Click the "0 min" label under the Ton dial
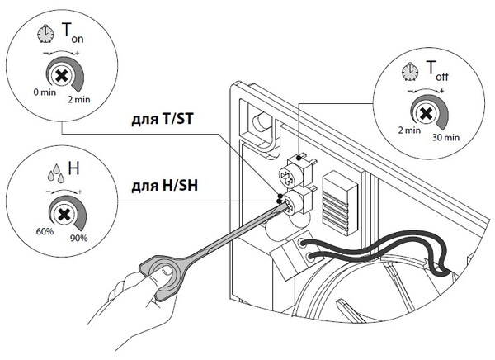45,92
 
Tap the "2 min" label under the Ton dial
79,100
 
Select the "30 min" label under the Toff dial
445,138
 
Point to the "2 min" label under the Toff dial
409,130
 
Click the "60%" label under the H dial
45,231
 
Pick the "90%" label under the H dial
79,238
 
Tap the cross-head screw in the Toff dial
427,113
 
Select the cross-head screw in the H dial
64,215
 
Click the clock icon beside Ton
45,35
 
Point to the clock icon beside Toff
410,72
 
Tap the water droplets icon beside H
56,173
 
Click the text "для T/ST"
162,120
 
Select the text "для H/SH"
164,186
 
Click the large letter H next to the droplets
73,168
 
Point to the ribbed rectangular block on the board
340,203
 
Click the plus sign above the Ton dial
78,53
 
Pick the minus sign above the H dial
49,192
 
